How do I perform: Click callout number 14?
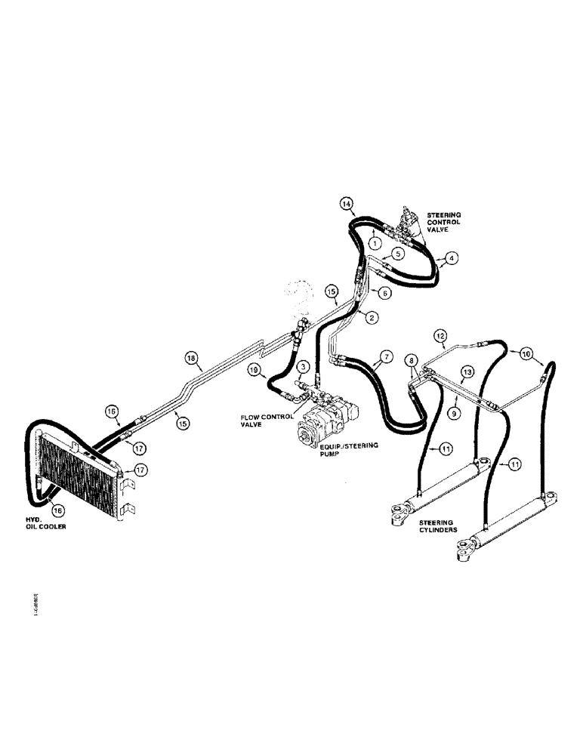[346, 204]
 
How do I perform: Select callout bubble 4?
[451, 258]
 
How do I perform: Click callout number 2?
[372, 318]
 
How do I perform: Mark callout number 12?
[441, 334]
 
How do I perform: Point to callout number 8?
[412, 361]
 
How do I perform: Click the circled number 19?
[254, 370]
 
